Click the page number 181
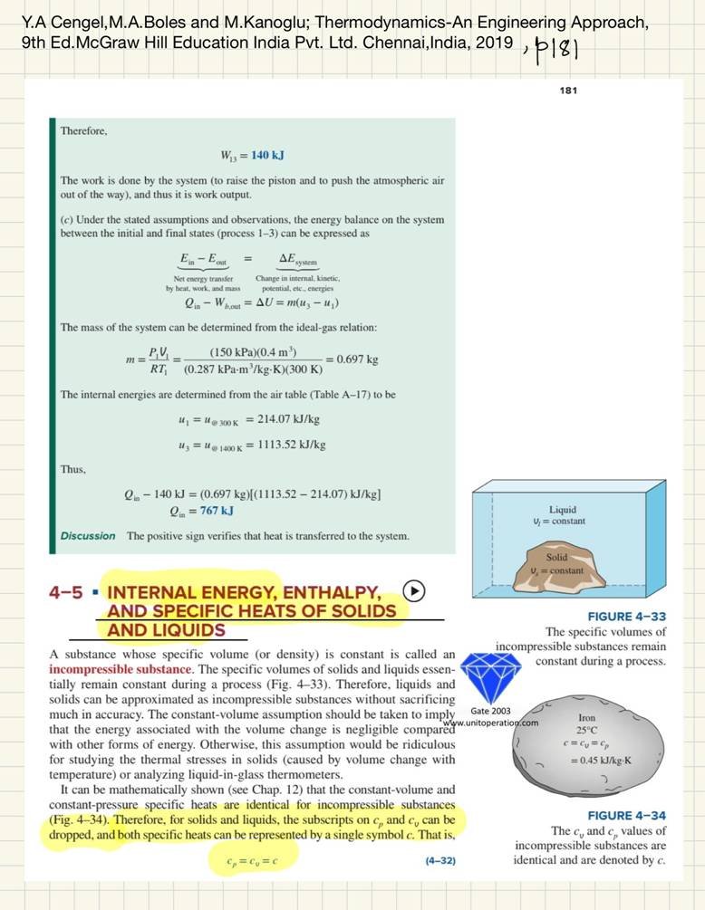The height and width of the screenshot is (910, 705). [568, 91]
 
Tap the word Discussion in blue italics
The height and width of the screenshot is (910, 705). [88, 536]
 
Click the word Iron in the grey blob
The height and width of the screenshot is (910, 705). [586, 717]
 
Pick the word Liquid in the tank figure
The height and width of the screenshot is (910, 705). [562, 510]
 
